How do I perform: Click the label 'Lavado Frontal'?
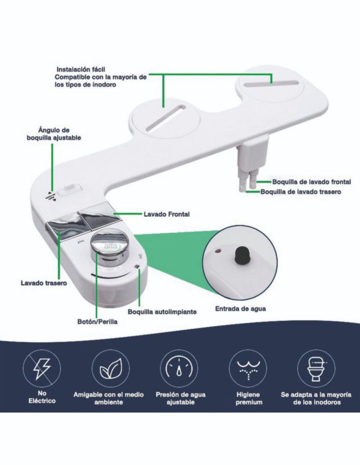pyautogui.click(x=167, y=214)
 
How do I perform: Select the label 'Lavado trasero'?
pyautogui.click(x=44, y=283)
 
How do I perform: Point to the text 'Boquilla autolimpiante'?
pyautogui.click(x=162, y=312)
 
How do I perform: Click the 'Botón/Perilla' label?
pyautogui.click(x=97, y=321)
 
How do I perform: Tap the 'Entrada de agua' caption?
pyautogui.click(x=240, y=309)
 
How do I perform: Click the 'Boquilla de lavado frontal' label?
pyautogui.click(x=312, y=181)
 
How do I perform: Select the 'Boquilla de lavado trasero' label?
pyautogui.click(x=300, y=192)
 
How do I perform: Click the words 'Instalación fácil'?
pyautogui.click(x=81, y=69)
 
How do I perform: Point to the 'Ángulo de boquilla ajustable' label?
pyautogui.click(x=53, y=134)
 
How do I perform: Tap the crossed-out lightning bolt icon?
pyautogui.click(x=42, y=368)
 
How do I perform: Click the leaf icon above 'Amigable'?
pyautogui.click(x=110, y=368)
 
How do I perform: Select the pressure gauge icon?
pyautogui.click(x=179, y=368)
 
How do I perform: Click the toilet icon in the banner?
pyautogui.click(x=316, y=368)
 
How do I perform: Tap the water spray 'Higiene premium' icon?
pyautogui.click(x=247, y=368)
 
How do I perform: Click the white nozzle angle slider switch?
pyautogui.click(x=70, y=191)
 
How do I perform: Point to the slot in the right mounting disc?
pyautogui.click(x=270, y=83)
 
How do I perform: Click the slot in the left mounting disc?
pyautogui.click(x=166, y=118)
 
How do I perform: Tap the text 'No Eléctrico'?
pyautogui.click(x=42, y=397)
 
